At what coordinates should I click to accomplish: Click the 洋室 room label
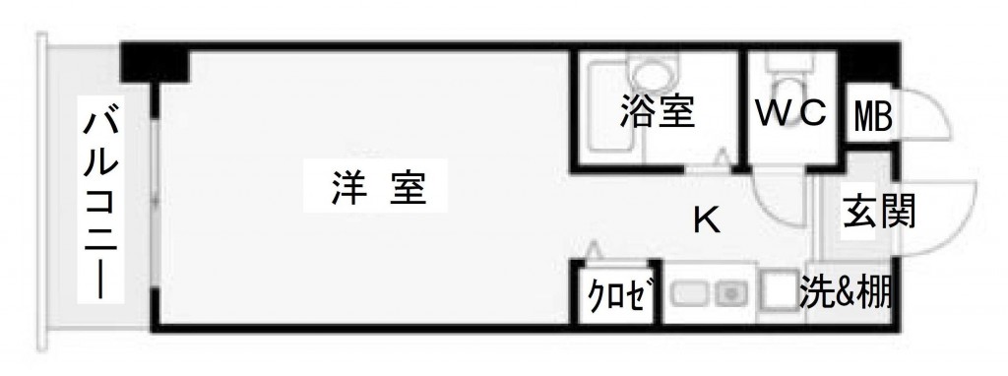379,187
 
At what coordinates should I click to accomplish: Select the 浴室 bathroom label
658,111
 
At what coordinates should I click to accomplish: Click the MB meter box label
871,119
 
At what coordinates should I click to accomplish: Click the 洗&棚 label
846,292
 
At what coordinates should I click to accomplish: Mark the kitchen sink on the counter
729,292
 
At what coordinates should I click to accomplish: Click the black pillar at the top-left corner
155,64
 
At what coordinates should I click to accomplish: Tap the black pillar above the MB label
866,67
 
